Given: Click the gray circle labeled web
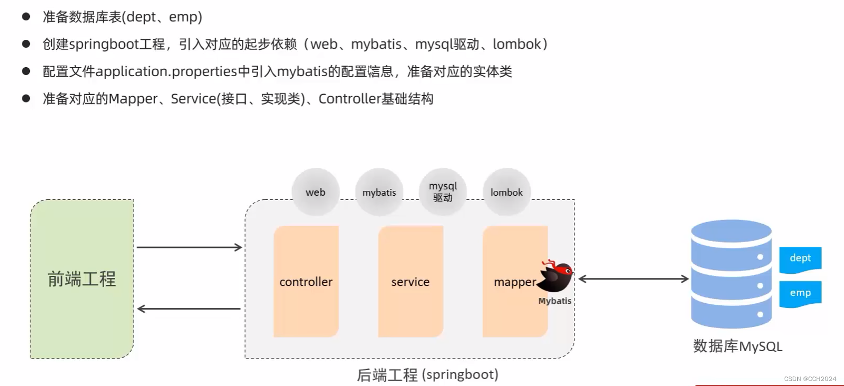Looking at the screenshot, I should coord(316,192).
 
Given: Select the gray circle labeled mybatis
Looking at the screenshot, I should coord(379,192).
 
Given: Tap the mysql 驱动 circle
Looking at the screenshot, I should coord(443,192).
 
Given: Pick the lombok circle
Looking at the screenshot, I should coord(506,192).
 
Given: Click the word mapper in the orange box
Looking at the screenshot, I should coord(514,282).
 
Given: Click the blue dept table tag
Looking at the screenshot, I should coord(800,258).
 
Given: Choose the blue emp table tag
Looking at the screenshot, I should coord(800,293).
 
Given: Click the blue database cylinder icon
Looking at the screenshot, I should coord(731,274).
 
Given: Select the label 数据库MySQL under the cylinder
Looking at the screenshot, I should coord(737,346).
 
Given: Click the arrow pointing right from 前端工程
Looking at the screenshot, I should coord(189,247).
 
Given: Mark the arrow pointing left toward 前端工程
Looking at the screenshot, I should coord(189,309).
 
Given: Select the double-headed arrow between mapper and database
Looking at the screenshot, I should coord(633,279).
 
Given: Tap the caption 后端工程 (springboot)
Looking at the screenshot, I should coord(428,375).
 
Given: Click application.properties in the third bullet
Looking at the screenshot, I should coord(166,72).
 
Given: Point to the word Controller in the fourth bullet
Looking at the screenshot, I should coord(349,99).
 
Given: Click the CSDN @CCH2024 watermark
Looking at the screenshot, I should coord(810,379).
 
